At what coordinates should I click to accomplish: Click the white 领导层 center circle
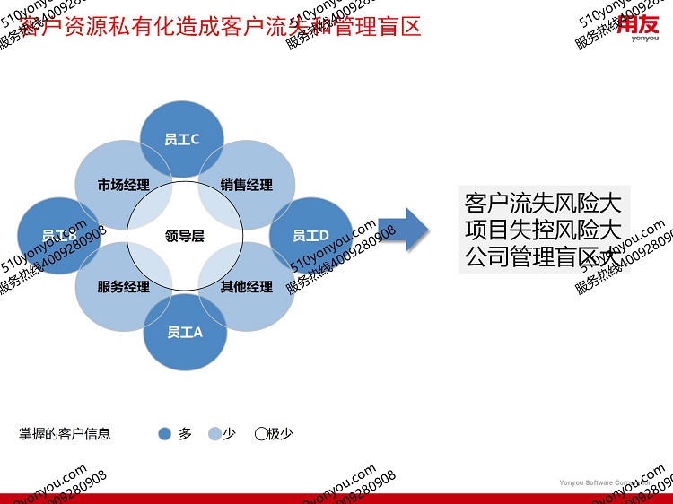[185, 236]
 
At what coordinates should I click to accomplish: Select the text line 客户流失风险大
[543, 199]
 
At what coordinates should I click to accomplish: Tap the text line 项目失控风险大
[543, 228]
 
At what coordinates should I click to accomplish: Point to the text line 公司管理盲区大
[543, 257]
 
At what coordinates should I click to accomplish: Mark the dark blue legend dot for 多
[164, 434]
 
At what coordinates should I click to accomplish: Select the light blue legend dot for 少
[214, 434]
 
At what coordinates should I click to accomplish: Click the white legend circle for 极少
[261, 434]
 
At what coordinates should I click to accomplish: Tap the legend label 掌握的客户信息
[66, 434]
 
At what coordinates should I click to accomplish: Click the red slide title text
[220, 26]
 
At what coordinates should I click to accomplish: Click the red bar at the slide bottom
[336, 499]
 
